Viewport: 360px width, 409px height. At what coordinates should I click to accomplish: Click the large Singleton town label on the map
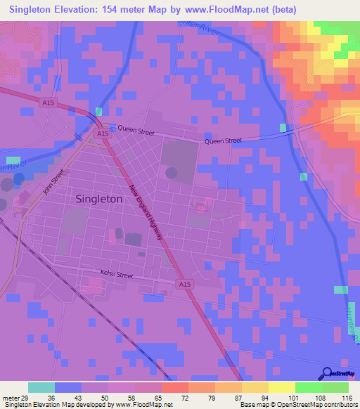[98, 199]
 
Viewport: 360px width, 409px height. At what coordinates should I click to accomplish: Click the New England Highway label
[146, 211]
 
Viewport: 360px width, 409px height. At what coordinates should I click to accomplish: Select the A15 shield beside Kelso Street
[184, 283]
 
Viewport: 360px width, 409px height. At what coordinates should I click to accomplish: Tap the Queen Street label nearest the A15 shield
[136, 130]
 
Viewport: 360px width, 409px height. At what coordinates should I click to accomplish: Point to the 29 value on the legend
[25, 397]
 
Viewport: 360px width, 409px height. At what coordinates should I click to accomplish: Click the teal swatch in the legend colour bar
[41, 387]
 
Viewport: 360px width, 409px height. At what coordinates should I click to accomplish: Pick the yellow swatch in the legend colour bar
[282, 387]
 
